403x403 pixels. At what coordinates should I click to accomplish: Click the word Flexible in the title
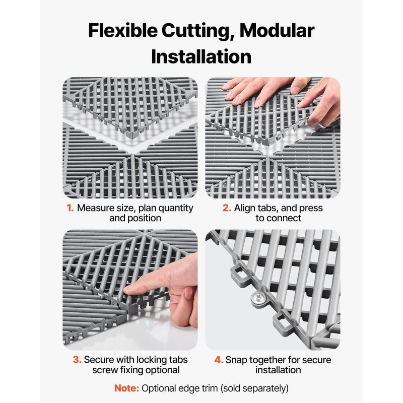tap(123, 31)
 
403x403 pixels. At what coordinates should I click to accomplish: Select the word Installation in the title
tap(201, 56)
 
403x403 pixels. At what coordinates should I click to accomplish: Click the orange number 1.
tap(70, 208)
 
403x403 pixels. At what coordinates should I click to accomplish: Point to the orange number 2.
tap(227, 208)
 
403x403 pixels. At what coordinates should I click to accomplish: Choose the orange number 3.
tap(77, 360)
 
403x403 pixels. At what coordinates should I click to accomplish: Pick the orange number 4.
tap(219, 360)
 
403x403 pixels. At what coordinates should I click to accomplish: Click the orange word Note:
tap(126, 388)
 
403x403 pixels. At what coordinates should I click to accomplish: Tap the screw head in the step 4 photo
tap(258, 299)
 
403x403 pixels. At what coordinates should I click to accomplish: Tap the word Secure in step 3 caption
tap(99, 360)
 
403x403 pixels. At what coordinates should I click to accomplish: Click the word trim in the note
tap(209, 388)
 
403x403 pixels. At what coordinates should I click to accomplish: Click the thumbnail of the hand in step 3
tap(188, 293)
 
